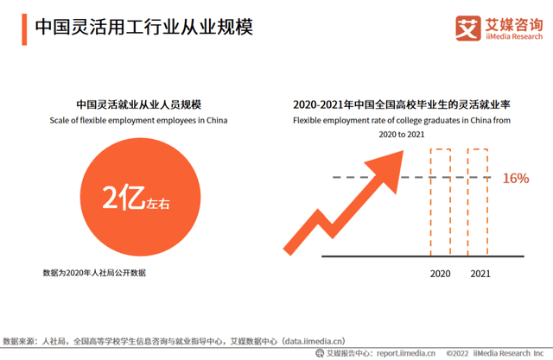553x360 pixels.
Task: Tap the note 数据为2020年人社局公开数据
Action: click(94, 273)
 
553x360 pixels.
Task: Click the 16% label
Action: click(516, 179)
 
